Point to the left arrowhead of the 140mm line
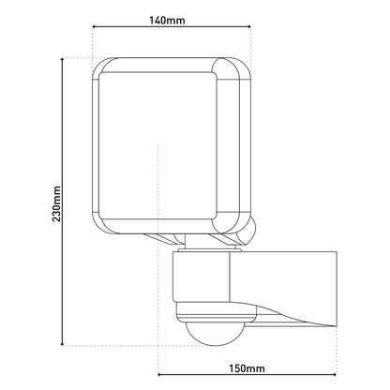tap(95, 30)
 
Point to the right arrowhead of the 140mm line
tap(255, 30)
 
